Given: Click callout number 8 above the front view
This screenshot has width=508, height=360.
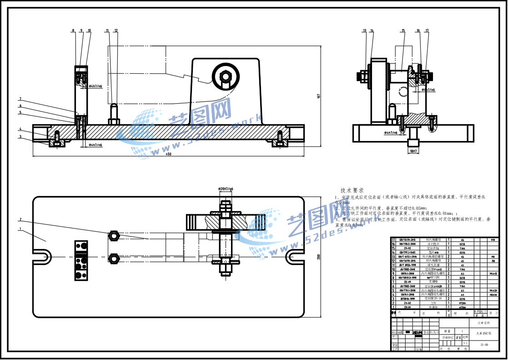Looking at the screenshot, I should click(x=73, y=30).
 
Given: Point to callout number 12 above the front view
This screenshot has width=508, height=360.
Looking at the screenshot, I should click(x=116, y=30).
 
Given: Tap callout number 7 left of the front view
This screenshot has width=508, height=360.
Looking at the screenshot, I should click(x=20, y=99).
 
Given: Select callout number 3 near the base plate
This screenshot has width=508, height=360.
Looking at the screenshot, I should click(x=20, y=137).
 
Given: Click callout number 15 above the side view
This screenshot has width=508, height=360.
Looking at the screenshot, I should click(x=403, y=30).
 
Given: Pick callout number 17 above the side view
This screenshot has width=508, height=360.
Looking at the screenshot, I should click(x=427, y=30).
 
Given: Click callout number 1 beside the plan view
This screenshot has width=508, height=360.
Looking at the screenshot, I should click(x=20, y=229).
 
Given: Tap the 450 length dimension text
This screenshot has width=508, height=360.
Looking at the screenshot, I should click(x=169, y=154).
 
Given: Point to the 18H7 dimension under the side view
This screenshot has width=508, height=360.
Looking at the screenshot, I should click(x=413, y=151).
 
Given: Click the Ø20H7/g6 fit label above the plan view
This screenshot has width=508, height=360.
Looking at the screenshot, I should click(x=226, y=189).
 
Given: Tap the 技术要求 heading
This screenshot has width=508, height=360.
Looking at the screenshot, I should click(x=352, y=190).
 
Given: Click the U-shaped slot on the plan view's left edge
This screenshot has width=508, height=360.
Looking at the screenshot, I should click(x=42, y=256).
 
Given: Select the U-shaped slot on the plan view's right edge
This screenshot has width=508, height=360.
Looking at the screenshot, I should click(x=295, y=257).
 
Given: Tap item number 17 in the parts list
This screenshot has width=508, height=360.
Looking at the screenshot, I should click(x=393, y=239).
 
